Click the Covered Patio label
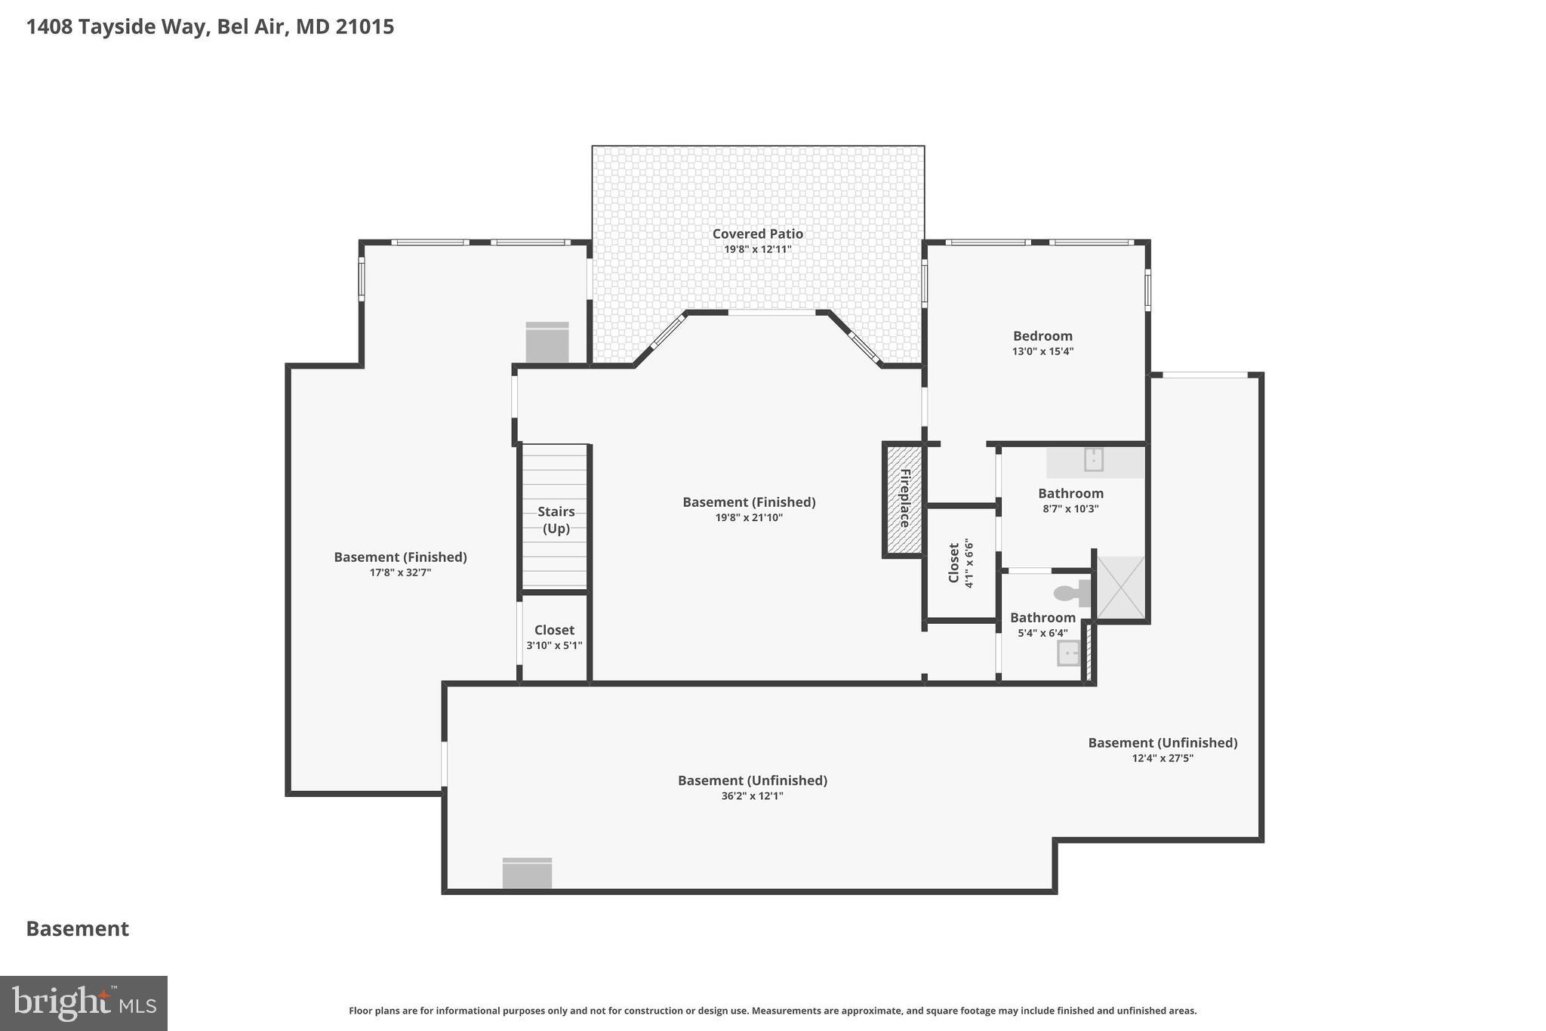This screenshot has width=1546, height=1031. [757, 234]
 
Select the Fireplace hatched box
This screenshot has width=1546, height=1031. [904, 499]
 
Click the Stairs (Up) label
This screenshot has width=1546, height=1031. [556, 520]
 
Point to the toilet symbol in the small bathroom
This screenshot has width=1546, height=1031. [1070, 593]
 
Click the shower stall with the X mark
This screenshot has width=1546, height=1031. [1121, 588]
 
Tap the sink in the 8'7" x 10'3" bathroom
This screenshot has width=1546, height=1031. [1093, 459]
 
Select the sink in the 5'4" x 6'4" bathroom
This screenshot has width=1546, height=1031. [1068, 653]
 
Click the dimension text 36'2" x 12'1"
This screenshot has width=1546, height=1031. [752, 796]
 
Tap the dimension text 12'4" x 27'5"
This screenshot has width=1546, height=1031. [1162, 758]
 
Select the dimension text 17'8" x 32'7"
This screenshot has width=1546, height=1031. [400, 573]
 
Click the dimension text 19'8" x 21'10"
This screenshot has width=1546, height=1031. [749, 517]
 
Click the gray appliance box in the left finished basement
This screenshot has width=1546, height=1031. [547, 343]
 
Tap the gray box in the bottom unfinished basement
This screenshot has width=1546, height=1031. [527, 873]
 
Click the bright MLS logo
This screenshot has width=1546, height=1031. [84, 1003]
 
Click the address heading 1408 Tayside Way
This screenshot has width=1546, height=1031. [210, 27]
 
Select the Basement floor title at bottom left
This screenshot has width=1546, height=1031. [78, 929]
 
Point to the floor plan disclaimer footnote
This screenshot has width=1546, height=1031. [772, 1011]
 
